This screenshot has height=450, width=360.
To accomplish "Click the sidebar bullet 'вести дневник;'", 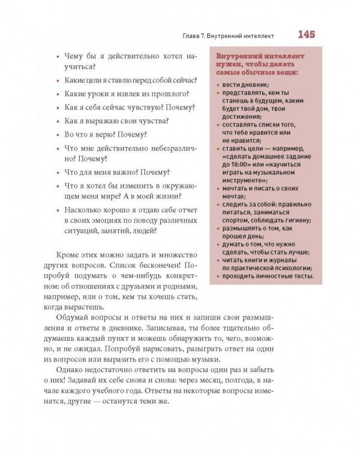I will point(238,85).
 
